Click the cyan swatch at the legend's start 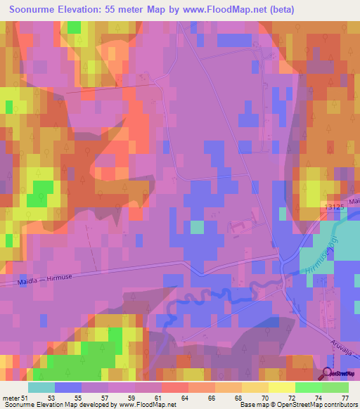41,387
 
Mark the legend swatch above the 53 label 67,387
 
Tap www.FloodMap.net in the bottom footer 146,405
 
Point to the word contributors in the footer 338,405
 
